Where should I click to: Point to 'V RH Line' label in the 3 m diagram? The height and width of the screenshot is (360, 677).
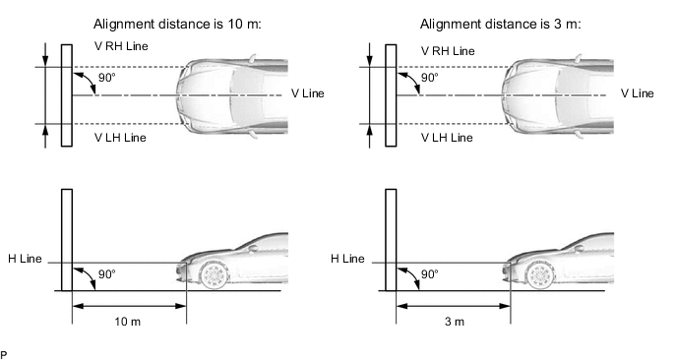[x=448, y=50]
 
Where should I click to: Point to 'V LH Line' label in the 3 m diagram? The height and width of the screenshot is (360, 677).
[x=447, y=138]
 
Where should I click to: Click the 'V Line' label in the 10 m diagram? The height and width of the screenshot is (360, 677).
[x=308, y=93]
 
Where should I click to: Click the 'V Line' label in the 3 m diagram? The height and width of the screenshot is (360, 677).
[x=637, y=93]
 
